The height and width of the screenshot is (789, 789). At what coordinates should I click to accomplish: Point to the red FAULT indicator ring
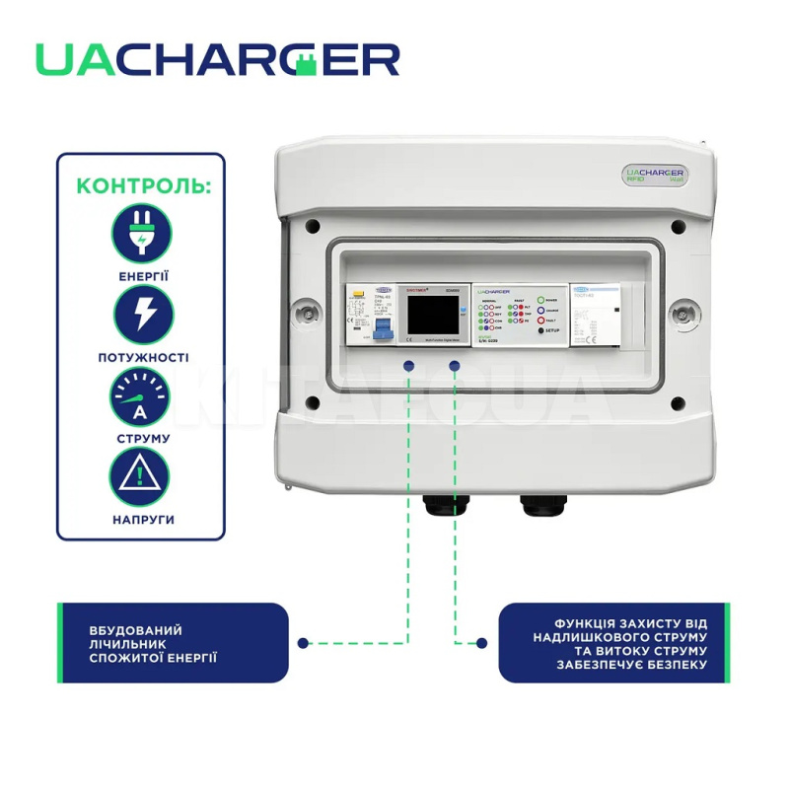[541, 321]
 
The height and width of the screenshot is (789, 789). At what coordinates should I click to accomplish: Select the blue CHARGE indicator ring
[541, 309]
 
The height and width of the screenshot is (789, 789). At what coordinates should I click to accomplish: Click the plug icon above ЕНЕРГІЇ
[140, 233]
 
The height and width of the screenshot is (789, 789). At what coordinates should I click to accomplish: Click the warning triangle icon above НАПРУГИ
[140, 477]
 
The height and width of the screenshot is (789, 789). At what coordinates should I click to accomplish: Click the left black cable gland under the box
[438, 509]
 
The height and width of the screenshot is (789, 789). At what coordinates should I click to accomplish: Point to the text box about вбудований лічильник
[173, 643]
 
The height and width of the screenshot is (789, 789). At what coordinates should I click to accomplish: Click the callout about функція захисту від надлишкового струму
[616, 643]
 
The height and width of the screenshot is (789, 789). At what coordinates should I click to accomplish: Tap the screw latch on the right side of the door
[680, 313]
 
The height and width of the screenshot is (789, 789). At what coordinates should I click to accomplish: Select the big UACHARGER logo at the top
[218, 59]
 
